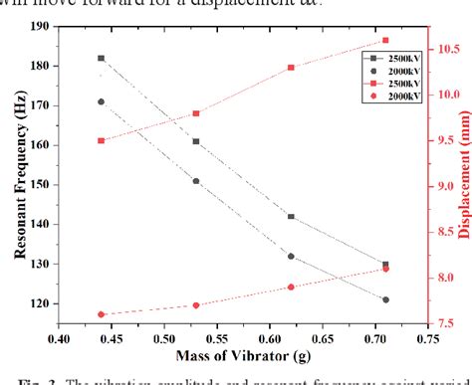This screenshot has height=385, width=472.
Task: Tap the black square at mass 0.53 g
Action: point(196,141)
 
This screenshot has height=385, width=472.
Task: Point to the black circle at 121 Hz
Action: point(385,299)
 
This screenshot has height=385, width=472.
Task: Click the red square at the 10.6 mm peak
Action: point(385,40)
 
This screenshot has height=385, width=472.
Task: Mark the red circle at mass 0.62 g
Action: point(291,287)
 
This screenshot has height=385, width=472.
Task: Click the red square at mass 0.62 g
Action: point(291,68)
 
